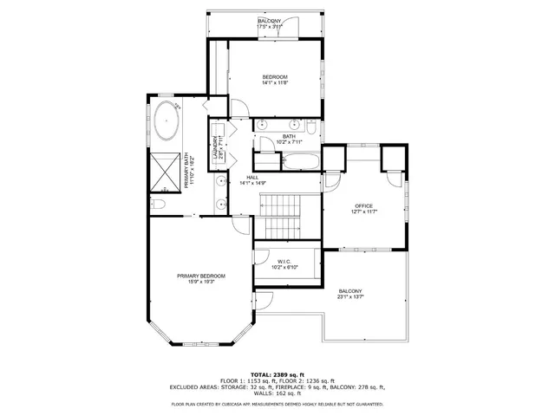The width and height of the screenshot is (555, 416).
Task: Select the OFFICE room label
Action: pyautogui.click(x=363, y=206)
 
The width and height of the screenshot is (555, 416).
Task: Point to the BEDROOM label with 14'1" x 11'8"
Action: pyautogui.click(x=275, y=77)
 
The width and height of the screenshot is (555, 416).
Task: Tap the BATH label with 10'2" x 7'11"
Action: pyautogui.click(x=289, y=136)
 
